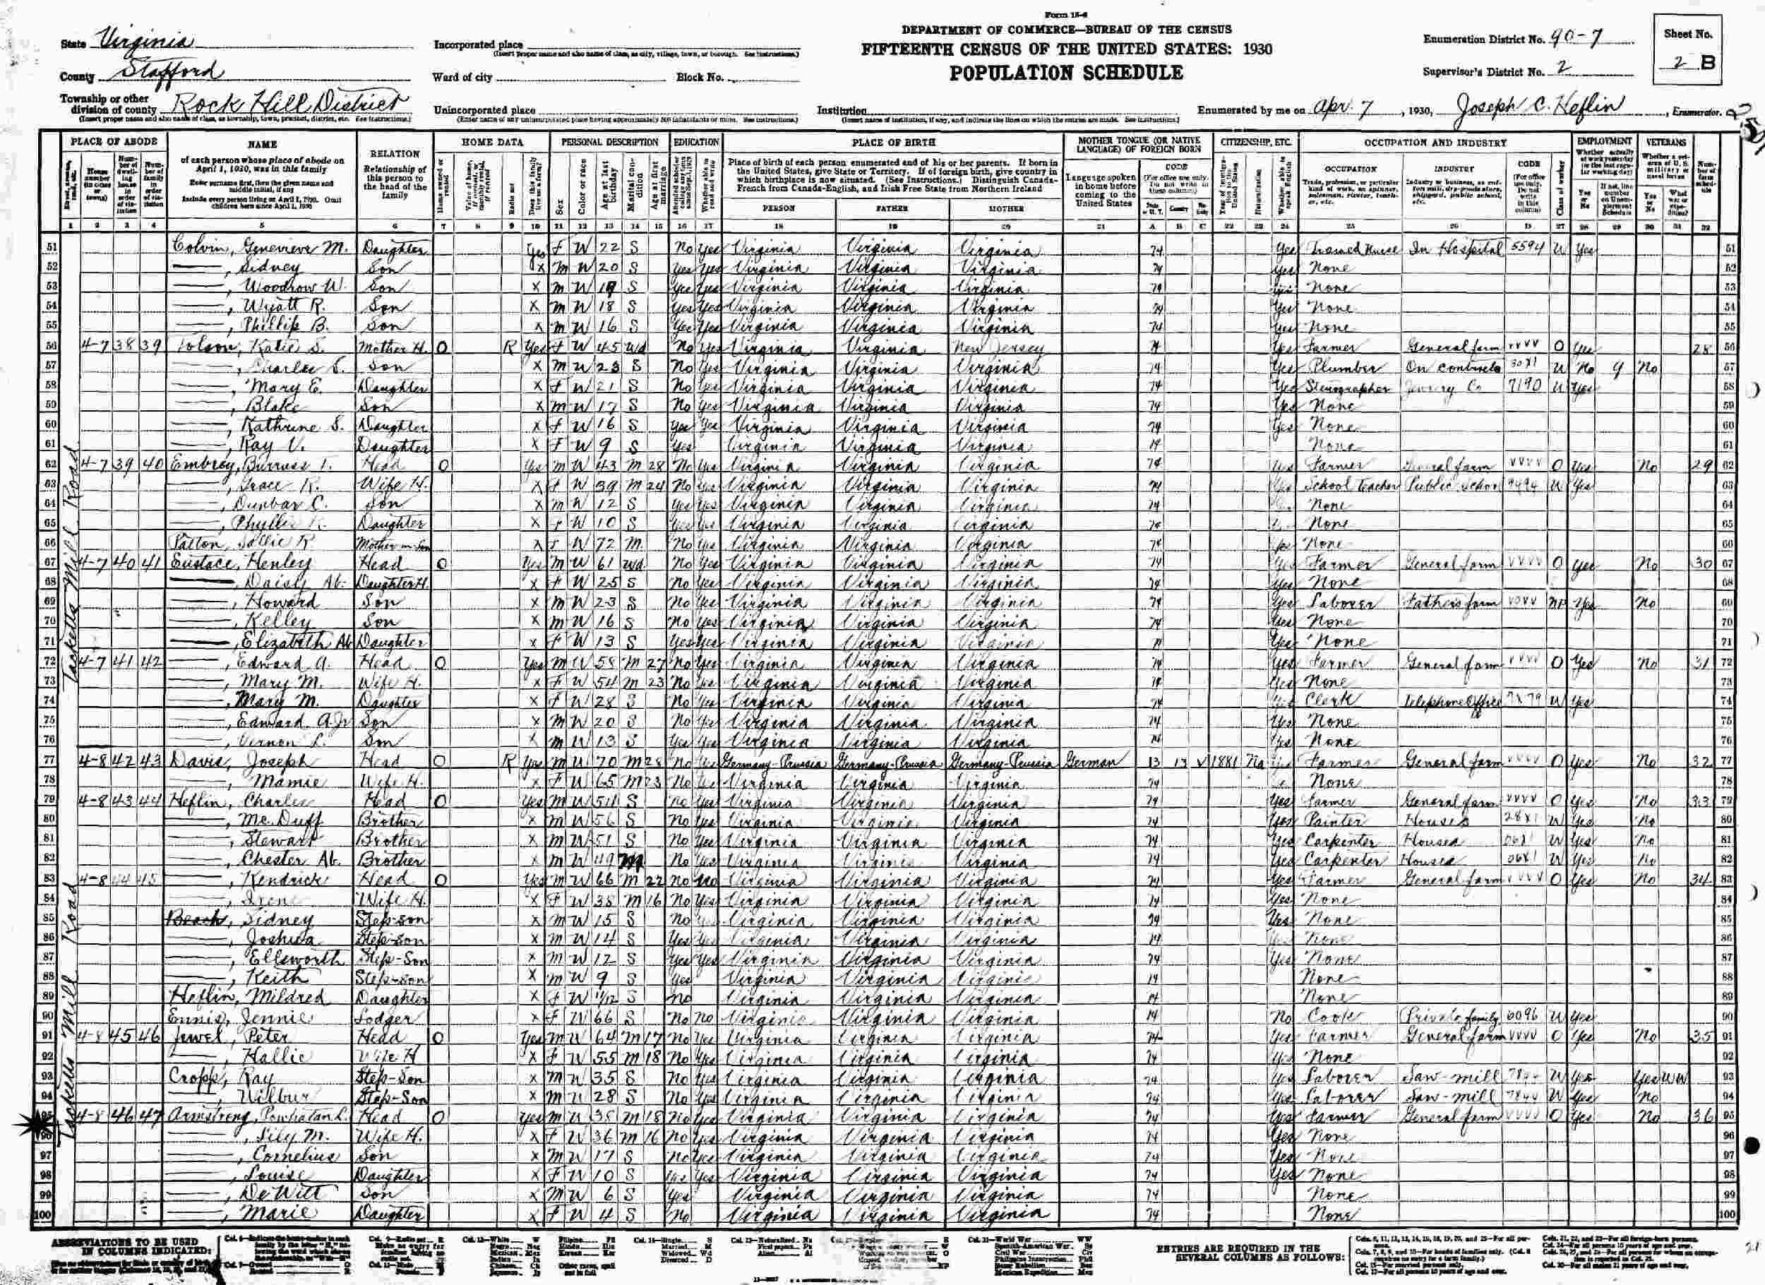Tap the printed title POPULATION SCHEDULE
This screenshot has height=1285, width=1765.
click(x=1066, y=73)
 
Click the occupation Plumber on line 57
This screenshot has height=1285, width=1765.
click(x=1334, y=366)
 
